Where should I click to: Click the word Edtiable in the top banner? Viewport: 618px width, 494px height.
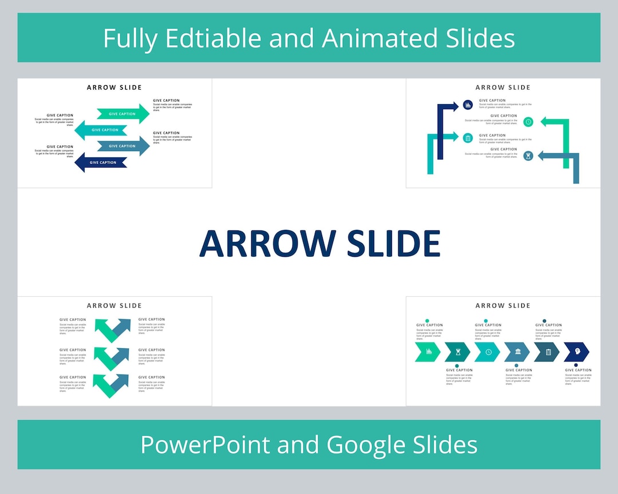coord(213,39)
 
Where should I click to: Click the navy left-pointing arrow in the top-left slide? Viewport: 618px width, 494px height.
coord(104,162)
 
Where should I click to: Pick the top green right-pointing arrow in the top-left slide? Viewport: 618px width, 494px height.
coord(122,114)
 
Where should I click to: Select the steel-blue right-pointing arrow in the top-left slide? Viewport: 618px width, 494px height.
coord(122,146)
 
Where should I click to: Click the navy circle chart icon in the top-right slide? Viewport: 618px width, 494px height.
coord(468,105)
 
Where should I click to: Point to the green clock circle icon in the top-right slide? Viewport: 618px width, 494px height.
coord(528,122)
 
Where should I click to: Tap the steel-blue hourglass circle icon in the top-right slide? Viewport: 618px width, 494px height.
coord(528,156)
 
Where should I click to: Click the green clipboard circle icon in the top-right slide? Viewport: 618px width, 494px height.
coord(468,138)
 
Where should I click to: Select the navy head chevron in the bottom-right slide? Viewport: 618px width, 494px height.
coord(576,352)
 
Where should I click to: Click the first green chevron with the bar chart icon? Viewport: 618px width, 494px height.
coord(428,352)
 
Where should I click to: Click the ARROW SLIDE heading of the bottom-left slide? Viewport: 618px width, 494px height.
coord(114,306)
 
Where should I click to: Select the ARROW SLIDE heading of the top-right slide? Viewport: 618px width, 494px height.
coord(503,87)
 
